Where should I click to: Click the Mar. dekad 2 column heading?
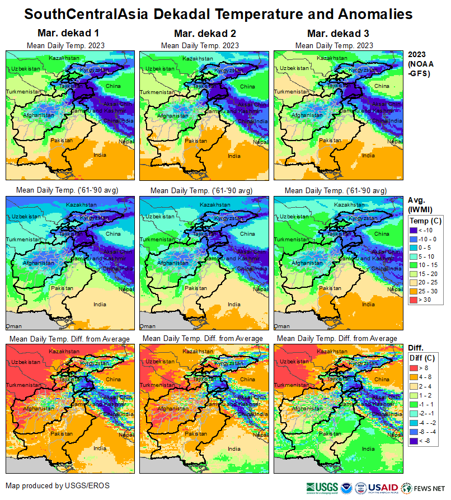click(x=196, y=34)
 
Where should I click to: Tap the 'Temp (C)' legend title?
click(x=425, y=221)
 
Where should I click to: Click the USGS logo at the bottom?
click(x=322, y=487)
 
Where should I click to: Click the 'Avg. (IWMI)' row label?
click(x=420, y=204)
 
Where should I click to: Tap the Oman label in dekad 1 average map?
click(x=13, y=326)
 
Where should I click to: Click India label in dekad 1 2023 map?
click(x=100, y=155)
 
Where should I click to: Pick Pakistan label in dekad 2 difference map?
click(x=197, y=433)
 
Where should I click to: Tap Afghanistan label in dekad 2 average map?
click(x=172, y=262)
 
